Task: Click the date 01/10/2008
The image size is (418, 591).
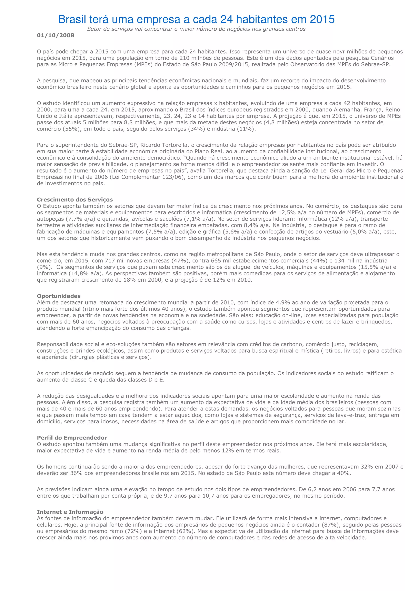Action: pos(56,35)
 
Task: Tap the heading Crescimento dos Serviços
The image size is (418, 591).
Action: pos(75,199)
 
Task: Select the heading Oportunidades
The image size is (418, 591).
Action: pos(59,296)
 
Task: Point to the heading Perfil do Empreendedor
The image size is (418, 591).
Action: pos(72,438)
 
